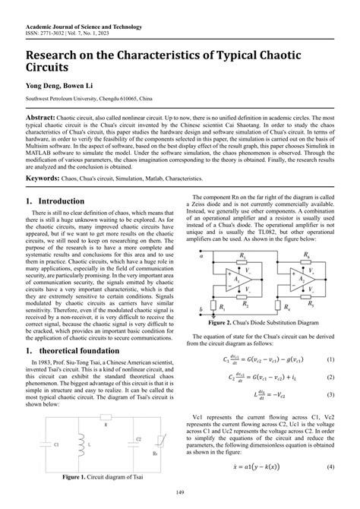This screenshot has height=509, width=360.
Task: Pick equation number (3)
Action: point(330,394)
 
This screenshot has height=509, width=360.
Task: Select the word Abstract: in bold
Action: point(43,120)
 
